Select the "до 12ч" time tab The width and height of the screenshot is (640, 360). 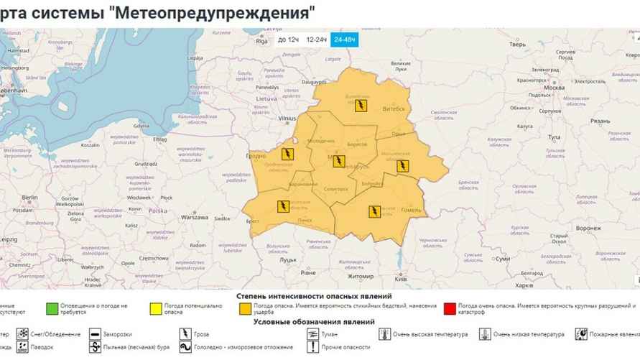pos(287,40)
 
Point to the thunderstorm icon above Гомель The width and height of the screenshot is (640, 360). pos(374,211)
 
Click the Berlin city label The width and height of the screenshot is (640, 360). pos(29,197)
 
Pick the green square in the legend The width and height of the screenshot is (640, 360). pos(51,309)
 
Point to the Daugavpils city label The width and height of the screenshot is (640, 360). pos(313,83)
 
